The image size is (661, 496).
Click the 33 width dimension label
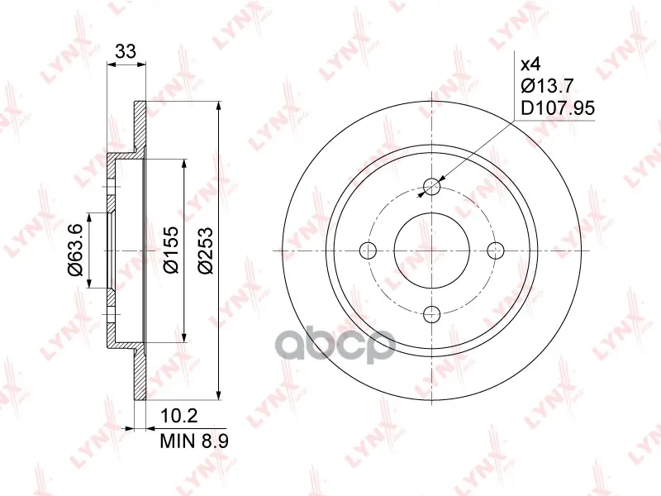(x=126, y=51)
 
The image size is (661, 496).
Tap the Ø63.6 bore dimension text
(x=76, y=250)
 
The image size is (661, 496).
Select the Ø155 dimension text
(x=172, y=250)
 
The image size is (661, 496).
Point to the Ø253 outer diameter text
(x=206, y=250)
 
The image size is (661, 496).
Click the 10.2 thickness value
(x=179, y=417)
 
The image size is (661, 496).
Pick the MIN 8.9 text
(x=194, y=441)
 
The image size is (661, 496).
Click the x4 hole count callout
(x=530, y=65)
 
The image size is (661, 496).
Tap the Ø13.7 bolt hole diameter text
(x=547, y=86)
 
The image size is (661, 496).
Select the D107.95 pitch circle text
(x=558, y=108)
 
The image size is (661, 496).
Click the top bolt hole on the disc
(x=431, y=186)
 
